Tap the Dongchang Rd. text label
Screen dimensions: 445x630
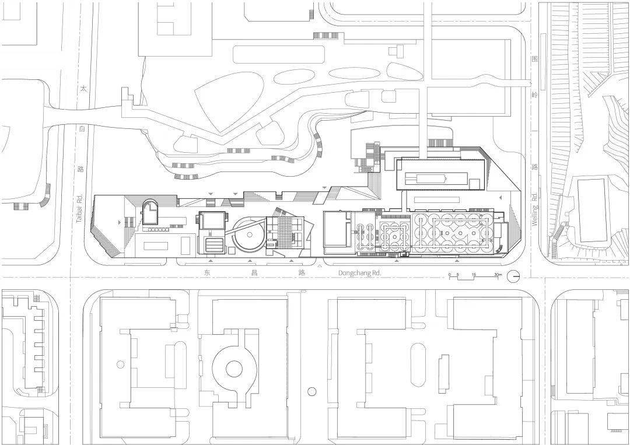point(359,273)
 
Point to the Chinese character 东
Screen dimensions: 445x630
point(205,272)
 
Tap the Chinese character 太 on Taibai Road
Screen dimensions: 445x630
point(84,89)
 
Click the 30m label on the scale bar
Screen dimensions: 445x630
point(498,274)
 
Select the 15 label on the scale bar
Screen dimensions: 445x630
point(474,274)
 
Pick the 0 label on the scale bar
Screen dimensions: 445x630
point(449,274)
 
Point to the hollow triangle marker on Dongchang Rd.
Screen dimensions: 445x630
point(318,267)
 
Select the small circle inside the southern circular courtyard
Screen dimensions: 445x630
point(233,368)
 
